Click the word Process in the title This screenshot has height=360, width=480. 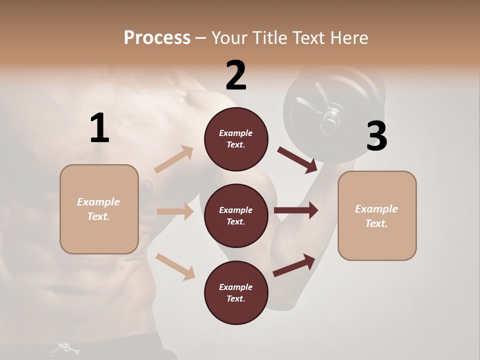pos(157,38)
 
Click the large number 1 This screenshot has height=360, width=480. pos(99,128)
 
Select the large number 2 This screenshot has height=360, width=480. pos(236,75)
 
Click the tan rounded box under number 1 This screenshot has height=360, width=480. pos(99,209)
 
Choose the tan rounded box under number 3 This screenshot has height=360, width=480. pos(377,216)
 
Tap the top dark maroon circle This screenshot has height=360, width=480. pos(236,139)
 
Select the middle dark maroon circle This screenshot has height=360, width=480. pos(236,216)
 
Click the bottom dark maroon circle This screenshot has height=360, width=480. pos(236,293)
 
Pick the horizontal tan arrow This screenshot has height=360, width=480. pos(175,211)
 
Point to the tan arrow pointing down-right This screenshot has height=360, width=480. pos(175,266)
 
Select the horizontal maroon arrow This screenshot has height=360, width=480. pos(295,210)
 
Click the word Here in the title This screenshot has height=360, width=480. pos(349,38)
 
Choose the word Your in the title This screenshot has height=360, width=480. pos(229,38)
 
